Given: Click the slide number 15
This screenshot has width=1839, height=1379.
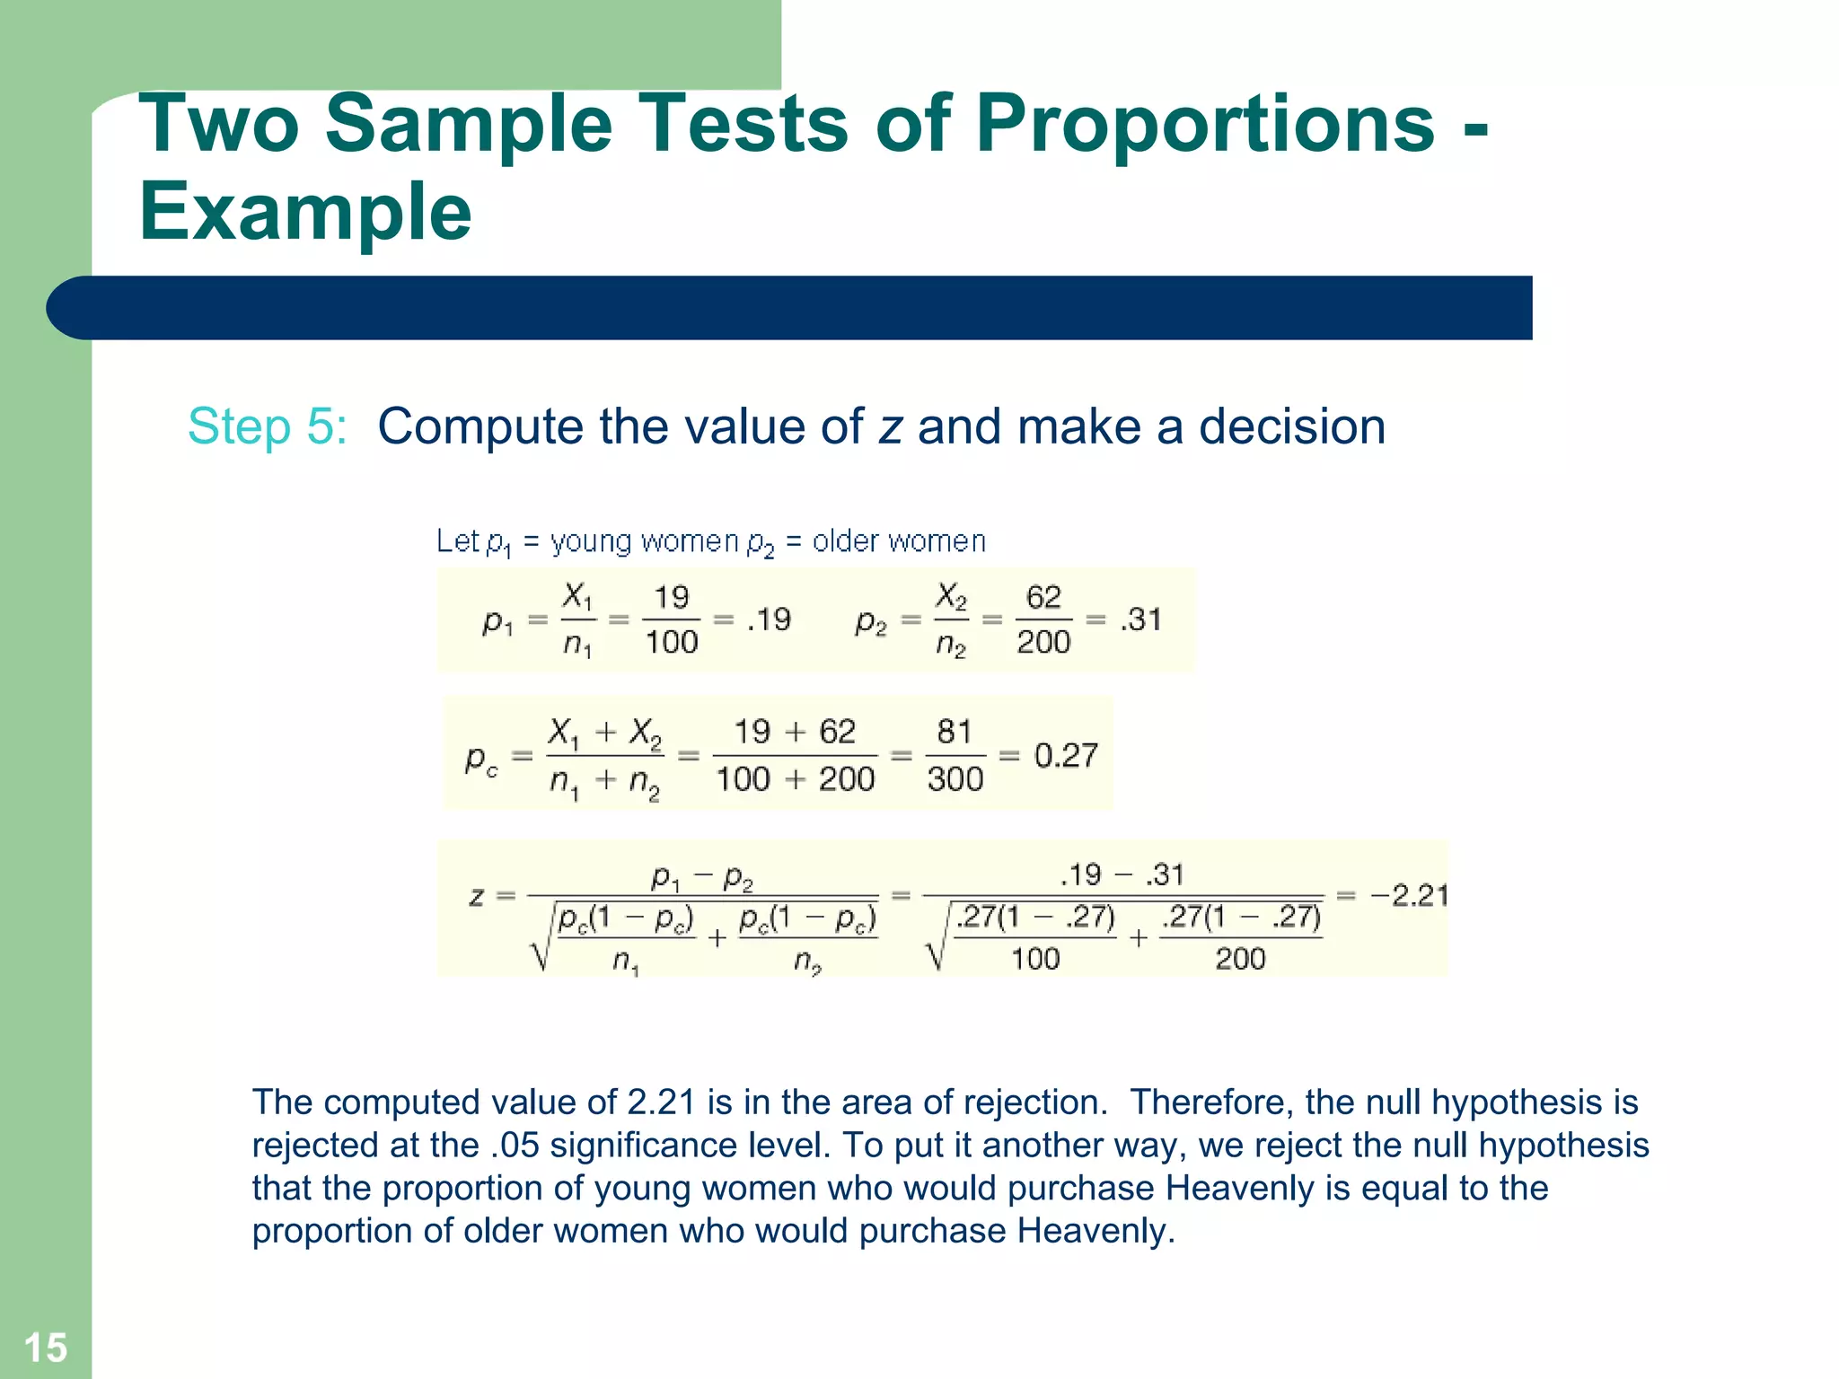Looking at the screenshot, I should [x=45, y=1348].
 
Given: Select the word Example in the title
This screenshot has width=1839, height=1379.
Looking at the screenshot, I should [x=305, y=212].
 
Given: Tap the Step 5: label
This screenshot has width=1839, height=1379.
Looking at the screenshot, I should [x=267, y=426].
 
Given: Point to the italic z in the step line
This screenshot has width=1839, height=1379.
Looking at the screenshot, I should [x=889, y=427].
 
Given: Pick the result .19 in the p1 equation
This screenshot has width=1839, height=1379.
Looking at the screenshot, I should [x=769, y=619].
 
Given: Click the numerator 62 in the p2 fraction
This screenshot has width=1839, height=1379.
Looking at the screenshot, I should [x=1043, y=597].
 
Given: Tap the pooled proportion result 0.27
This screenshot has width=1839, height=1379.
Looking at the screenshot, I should [x=1066, y=755].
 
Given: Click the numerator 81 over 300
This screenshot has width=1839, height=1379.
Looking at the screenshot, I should [x=955, y=732].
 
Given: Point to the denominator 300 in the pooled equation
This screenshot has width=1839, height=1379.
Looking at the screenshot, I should [x=955, y=778].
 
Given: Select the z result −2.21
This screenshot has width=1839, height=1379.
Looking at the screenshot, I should [x=1409, y=895].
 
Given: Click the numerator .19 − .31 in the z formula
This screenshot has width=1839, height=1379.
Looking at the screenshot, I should [x=1122, y=874].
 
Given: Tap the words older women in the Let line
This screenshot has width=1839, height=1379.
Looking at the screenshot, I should [x=899, y=541].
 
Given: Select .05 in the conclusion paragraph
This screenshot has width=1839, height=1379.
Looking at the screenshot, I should [x=515, y=1146].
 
